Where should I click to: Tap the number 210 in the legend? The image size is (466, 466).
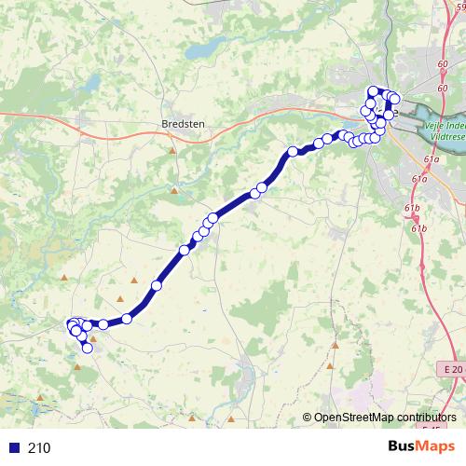[39, 448]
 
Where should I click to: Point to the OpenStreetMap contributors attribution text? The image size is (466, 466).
[385, 418]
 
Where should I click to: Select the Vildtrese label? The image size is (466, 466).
[445, 132]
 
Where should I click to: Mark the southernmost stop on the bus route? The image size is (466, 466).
[89, 349]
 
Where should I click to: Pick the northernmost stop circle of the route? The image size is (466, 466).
[375, 91]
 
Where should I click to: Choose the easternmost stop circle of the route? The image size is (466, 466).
[394, 99]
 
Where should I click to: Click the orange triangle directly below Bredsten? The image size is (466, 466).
[172, 149]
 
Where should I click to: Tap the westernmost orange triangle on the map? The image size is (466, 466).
[63, 278]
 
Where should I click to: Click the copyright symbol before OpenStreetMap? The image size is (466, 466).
[308, 418]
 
